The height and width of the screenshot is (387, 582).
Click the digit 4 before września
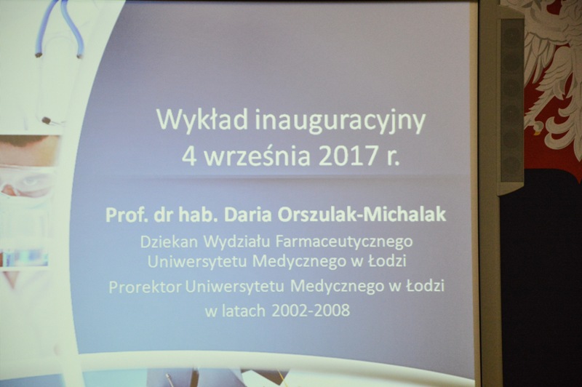point(188,156)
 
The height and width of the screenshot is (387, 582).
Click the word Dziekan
point(169,242)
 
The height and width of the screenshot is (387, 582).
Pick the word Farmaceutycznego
point(344,243)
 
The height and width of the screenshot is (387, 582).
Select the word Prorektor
point(145,287)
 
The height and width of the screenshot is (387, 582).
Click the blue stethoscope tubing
point(60,27)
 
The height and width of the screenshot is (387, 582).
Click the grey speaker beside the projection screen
point(511,101)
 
